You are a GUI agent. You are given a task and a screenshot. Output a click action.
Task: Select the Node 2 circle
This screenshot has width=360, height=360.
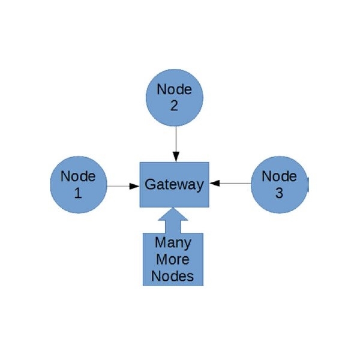(x=175, y=97)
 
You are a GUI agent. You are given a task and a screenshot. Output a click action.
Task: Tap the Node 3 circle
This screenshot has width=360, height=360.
(x=279, y=185)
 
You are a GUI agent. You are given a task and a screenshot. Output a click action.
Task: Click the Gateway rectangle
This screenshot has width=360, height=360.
(x=174, y=185)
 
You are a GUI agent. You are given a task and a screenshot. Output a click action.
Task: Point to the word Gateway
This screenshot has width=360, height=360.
(x=174, y=185)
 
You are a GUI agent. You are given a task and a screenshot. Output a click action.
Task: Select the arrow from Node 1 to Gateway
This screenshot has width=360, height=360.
(x=123, y=185)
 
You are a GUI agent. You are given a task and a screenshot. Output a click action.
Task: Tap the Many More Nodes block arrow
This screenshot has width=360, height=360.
(x=173, y=252)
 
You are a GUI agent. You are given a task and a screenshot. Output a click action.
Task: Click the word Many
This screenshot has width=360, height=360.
(x=173, y=243)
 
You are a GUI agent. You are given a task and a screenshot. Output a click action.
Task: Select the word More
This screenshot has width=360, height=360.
(x=173, y=260)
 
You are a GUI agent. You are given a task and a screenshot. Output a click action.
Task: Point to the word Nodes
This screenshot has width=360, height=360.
(x=173, y=277)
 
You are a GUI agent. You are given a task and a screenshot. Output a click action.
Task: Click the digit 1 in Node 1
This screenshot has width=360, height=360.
(x=77, y=193)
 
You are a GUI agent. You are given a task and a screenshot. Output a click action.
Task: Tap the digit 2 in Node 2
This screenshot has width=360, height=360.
(x=174, y=105)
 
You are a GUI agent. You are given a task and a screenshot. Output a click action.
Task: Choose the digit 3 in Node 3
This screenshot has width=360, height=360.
(x=280, y=193)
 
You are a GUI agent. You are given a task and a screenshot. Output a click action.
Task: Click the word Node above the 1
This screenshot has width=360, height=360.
(x=78, y=177)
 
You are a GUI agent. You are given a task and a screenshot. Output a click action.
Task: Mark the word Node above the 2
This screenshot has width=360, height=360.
(x=175, y=89)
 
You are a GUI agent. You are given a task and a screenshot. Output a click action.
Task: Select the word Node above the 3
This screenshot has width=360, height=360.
(x=280, y=176)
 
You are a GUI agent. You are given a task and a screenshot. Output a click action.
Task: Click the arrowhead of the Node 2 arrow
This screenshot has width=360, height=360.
(x=175, y=157)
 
